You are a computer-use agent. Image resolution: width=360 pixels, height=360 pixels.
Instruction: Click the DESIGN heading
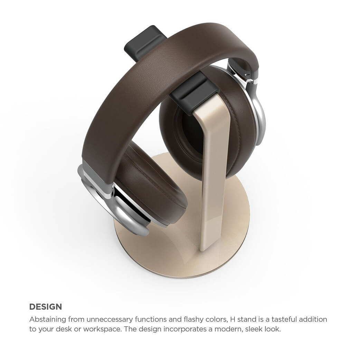tap(46, 307)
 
